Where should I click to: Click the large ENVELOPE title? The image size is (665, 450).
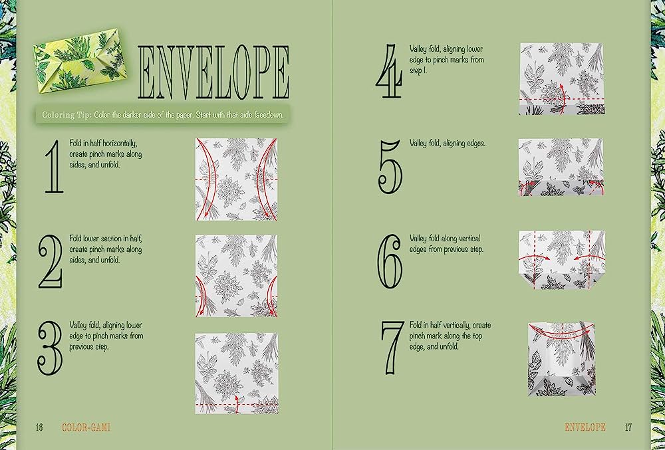(x=213, y=72)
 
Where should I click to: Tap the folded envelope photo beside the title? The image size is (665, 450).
(x=79, y=60)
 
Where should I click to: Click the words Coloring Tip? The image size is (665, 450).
(x=66, y=115)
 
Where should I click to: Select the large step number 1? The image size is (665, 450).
(x=55, y=167)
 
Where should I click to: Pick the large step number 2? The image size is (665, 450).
(x=51, y=261)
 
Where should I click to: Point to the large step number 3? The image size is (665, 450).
(x=50, y=348)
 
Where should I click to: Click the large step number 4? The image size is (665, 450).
(x=389, y=71)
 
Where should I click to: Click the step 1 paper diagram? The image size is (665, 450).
(x=236, y=179)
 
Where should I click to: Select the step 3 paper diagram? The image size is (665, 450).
(x=237, y=374)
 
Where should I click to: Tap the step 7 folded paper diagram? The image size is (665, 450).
(x=561, y=360)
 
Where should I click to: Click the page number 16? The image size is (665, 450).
(x=39, y=427)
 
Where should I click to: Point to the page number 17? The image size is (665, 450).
(x=628, y=427)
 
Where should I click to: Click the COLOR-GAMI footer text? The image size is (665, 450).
(x=86, y=427)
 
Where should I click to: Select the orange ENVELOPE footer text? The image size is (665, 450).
(x=585, y=427)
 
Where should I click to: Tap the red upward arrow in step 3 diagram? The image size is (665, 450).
(x=237, y=403)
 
